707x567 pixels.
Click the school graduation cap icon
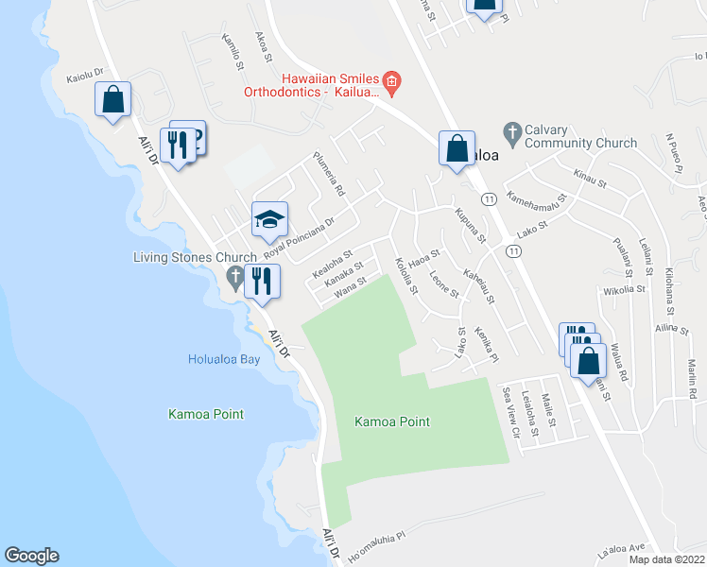(x=269, y=221)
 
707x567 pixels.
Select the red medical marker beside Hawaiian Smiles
(x=393, y=84)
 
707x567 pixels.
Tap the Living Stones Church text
(x=195, y=257)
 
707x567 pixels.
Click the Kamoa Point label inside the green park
(x=392, y=421)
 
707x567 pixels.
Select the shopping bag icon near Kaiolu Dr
(x=112, y=100)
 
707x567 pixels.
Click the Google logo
(x=31, y=556)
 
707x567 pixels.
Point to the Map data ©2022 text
(x=665, y=559)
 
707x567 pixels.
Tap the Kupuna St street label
(x=469, y=225)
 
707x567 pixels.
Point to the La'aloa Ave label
(x=620, y=547)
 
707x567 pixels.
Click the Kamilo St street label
(x=233, y=53)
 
